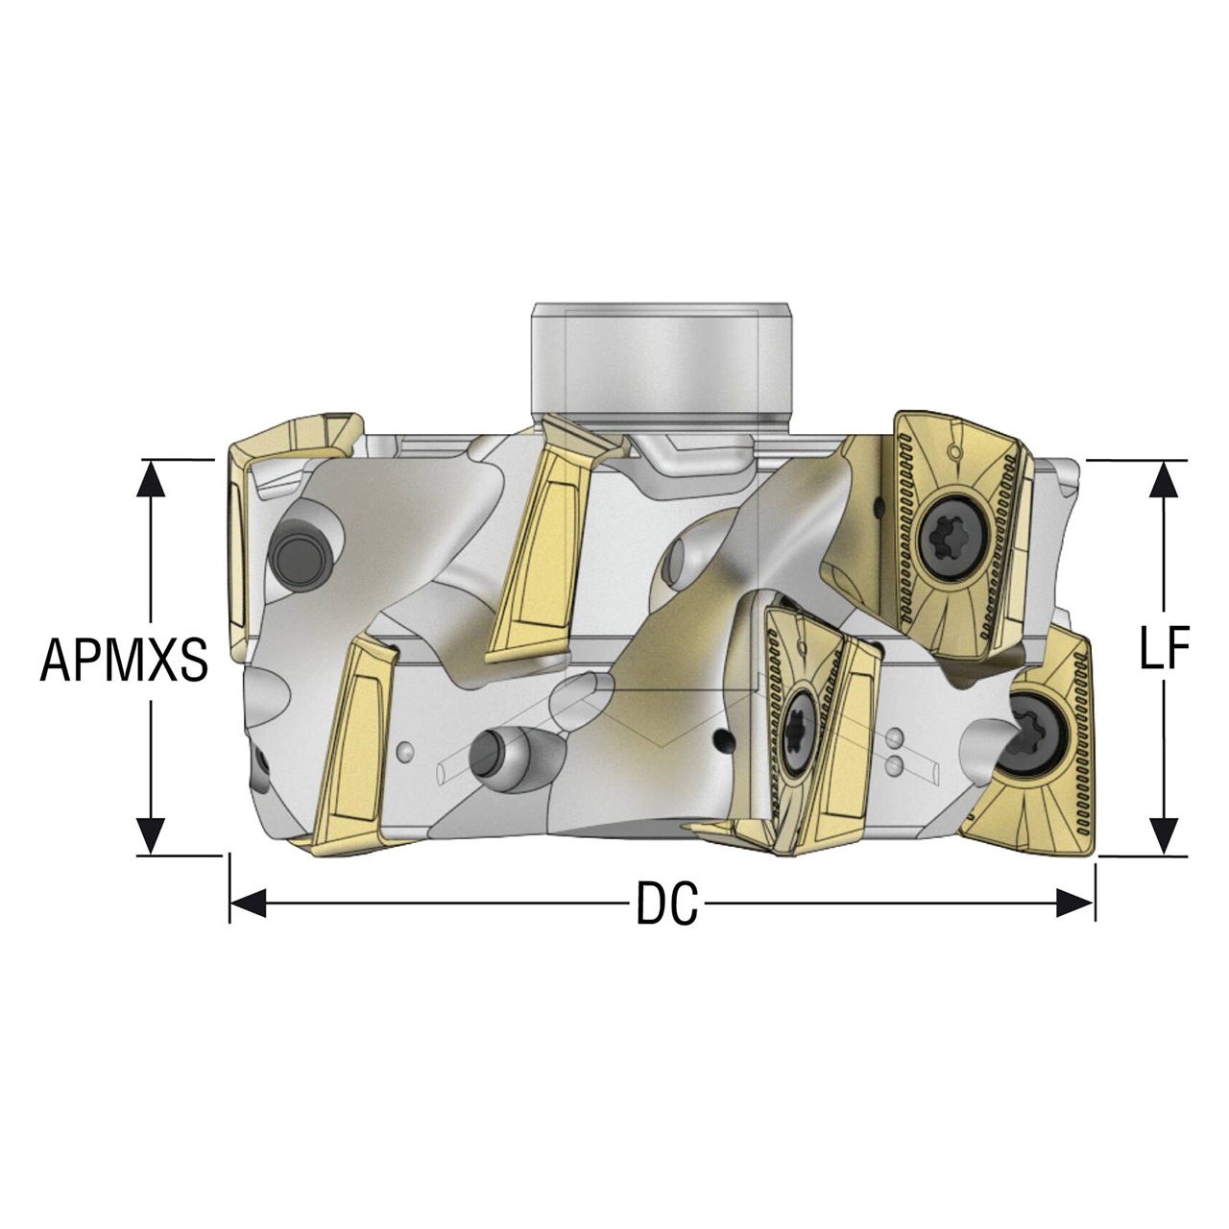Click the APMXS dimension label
point(124,660)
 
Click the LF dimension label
point(1165,648)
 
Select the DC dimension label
point(667,904)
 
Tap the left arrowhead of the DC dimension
point(248,904)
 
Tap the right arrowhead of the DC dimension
point(1076,904)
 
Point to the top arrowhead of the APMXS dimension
point(151,478)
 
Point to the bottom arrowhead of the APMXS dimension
point(151,836)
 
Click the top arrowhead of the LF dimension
point(1164,479)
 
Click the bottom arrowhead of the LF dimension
point(1164,836)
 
